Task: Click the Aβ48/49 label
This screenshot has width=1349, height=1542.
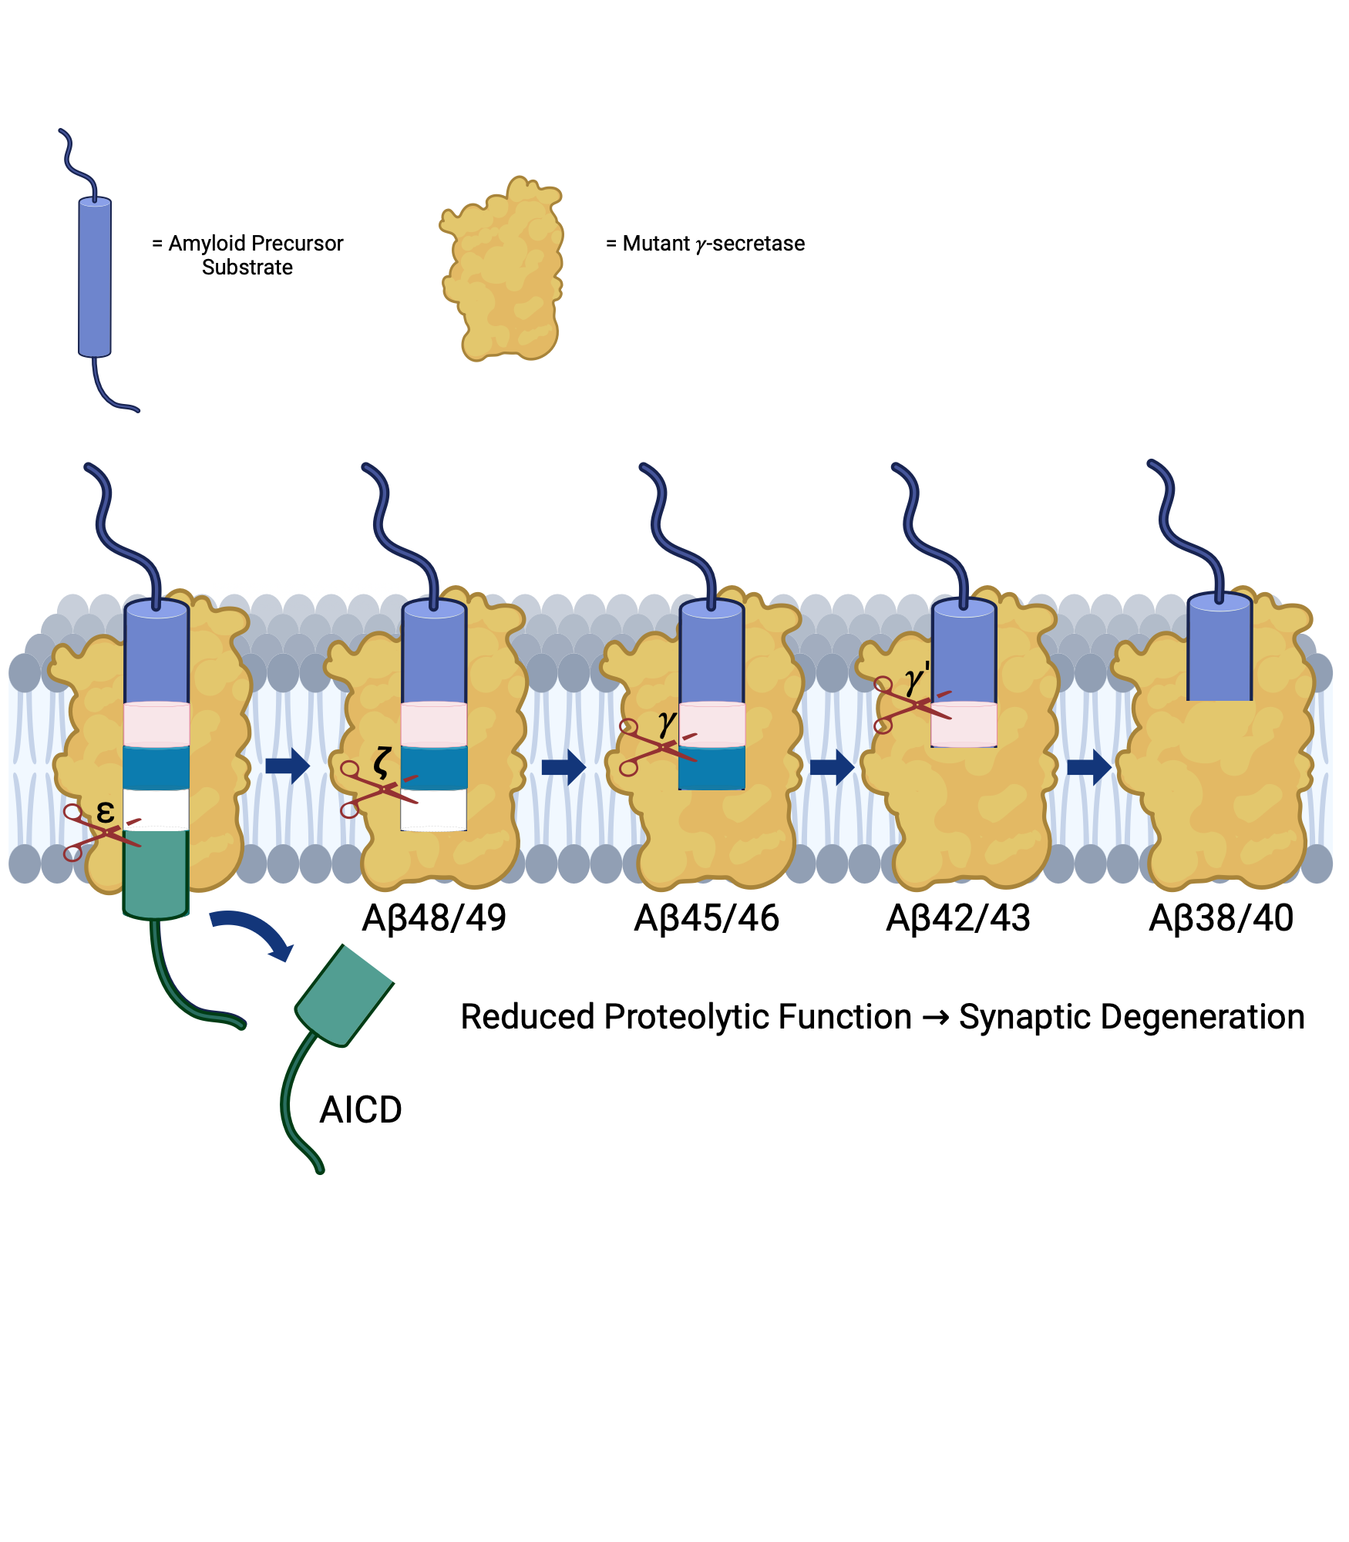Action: (434, 918)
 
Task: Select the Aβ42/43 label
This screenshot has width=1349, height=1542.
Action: (958, 918)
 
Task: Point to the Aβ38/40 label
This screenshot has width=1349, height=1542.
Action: (1221, 918)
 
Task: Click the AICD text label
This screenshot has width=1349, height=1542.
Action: (361, 1110)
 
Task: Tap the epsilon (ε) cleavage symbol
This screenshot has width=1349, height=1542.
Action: (106, 811)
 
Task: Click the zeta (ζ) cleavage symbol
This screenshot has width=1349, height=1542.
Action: (382, 762)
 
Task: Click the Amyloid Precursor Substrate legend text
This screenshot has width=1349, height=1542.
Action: (247, 255)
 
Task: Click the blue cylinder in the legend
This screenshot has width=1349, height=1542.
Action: (95, 278)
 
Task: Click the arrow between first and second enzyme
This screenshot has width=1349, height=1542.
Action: (288, 766)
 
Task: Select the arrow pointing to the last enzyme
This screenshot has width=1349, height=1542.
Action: (1089, 766)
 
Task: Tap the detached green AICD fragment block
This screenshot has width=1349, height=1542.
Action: (345, 995)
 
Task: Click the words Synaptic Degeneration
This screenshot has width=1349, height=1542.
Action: (1131, 1017)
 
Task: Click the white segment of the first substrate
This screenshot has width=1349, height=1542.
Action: (156, 809)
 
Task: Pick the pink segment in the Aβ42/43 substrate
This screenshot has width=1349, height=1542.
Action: (964, 724)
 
